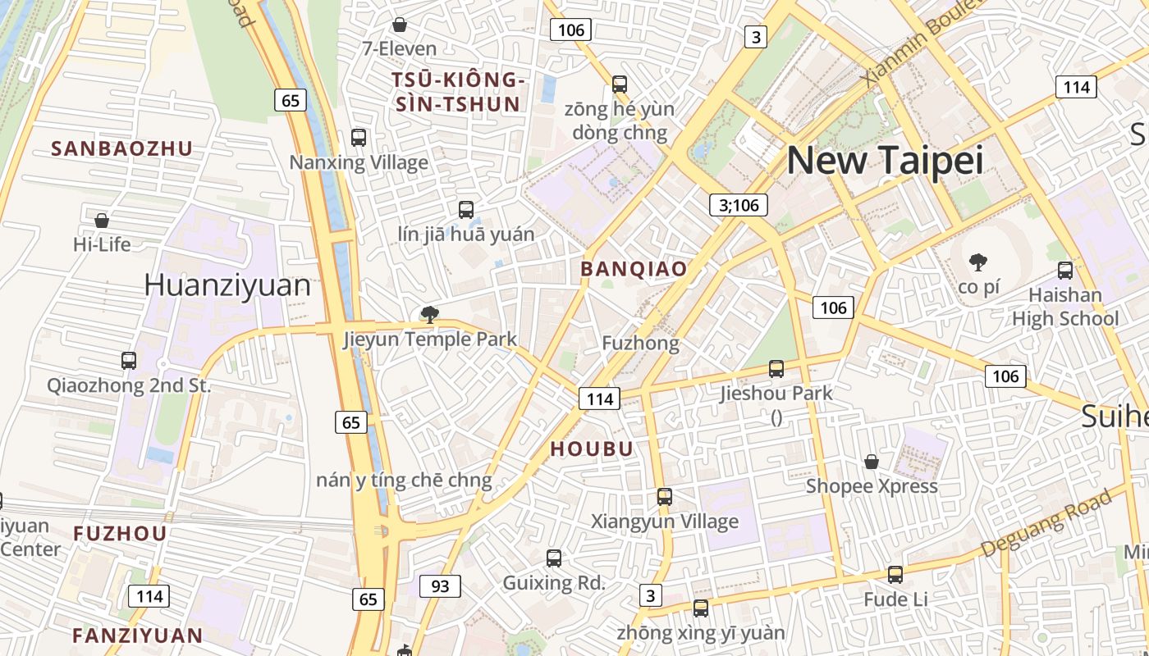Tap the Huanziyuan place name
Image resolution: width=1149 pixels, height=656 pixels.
227,285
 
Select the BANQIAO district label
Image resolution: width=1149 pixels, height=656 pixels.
634,269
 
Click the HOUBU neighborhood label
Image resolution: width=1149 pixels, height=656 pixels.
592,449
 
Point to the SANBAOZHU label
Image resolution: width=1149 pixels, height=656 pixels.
121,148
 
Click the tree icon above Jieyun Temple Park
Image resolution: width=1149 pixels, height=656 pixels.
429,314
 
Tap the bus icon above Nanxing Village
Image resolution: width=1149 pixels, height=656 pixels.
359,137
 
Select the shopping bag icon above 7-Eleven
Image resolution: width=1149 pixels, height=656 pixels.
400,25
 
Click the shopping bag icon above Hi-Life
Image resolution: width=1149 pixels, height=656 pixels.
102,220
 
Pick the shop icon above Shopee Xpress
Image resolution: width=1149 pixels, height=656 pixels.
872,462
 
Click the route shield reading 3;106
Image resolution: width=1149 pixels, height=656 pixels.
739,205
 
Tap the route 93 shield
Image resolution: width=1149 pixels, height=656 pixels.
440,585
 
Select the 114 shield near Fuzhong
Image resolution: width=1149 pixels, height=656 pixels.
600,399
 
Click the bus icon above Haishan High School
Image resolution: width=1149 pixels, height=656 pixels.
1065,270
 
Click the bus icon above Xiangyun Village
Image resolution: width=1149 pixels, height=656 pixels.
665,497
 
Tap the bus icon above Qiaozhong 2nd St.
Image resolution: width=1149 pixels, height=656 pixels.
129,360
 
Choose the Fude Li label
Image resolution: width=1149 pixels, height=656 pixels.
895,599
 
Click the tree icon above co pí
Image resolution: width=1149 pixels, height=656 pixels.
977,262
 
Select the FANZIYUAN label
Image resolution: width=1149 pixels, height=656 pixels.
137,635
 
